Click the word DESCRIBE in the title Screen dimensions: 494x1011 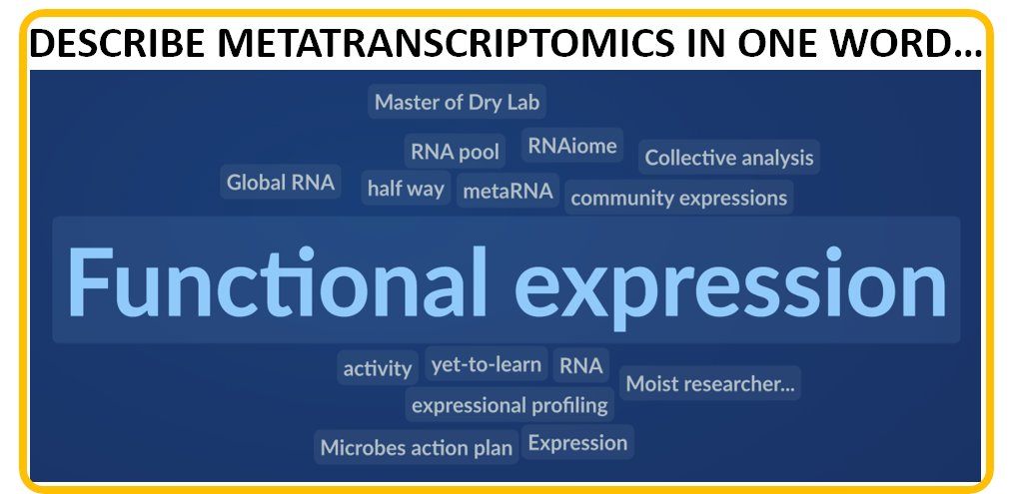(x=109, y=44)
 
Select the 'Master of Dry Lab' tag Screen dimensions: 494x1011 (x=459, y=102)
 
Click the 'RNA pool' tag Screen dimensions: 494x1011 (x=455, y=152)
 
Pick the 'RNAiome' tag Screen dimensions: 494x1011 (x=572, y=147)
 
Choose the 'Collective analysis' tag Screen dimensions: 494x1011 (x=728, y=158)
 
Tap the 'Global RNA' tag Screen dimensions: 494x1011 (x=281, y=183)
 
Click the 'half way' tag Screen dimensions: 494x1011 (x=406, y=189)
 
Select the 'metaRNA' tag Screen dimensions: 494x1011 (x=507, y=191)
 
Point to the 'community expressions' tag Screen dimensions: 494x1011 (x=678, y=198)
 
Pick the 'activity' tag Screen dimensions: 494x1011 (x=378, y=368)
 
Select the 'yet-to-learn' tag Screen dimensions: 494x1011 (x=486, y=364)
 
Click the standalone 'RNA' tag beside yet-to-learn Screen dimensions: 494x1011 (x=580, y=365)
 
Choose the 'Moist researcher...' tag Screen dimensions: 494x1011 (x=710, y=383)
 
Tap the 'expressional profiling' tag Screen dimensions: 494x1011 (x=509, y=405)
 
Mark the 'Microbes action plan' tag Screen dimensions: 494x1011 (x=416, y=448)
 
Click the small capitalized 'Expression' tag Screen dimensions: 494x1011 (x=577, y=443)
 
